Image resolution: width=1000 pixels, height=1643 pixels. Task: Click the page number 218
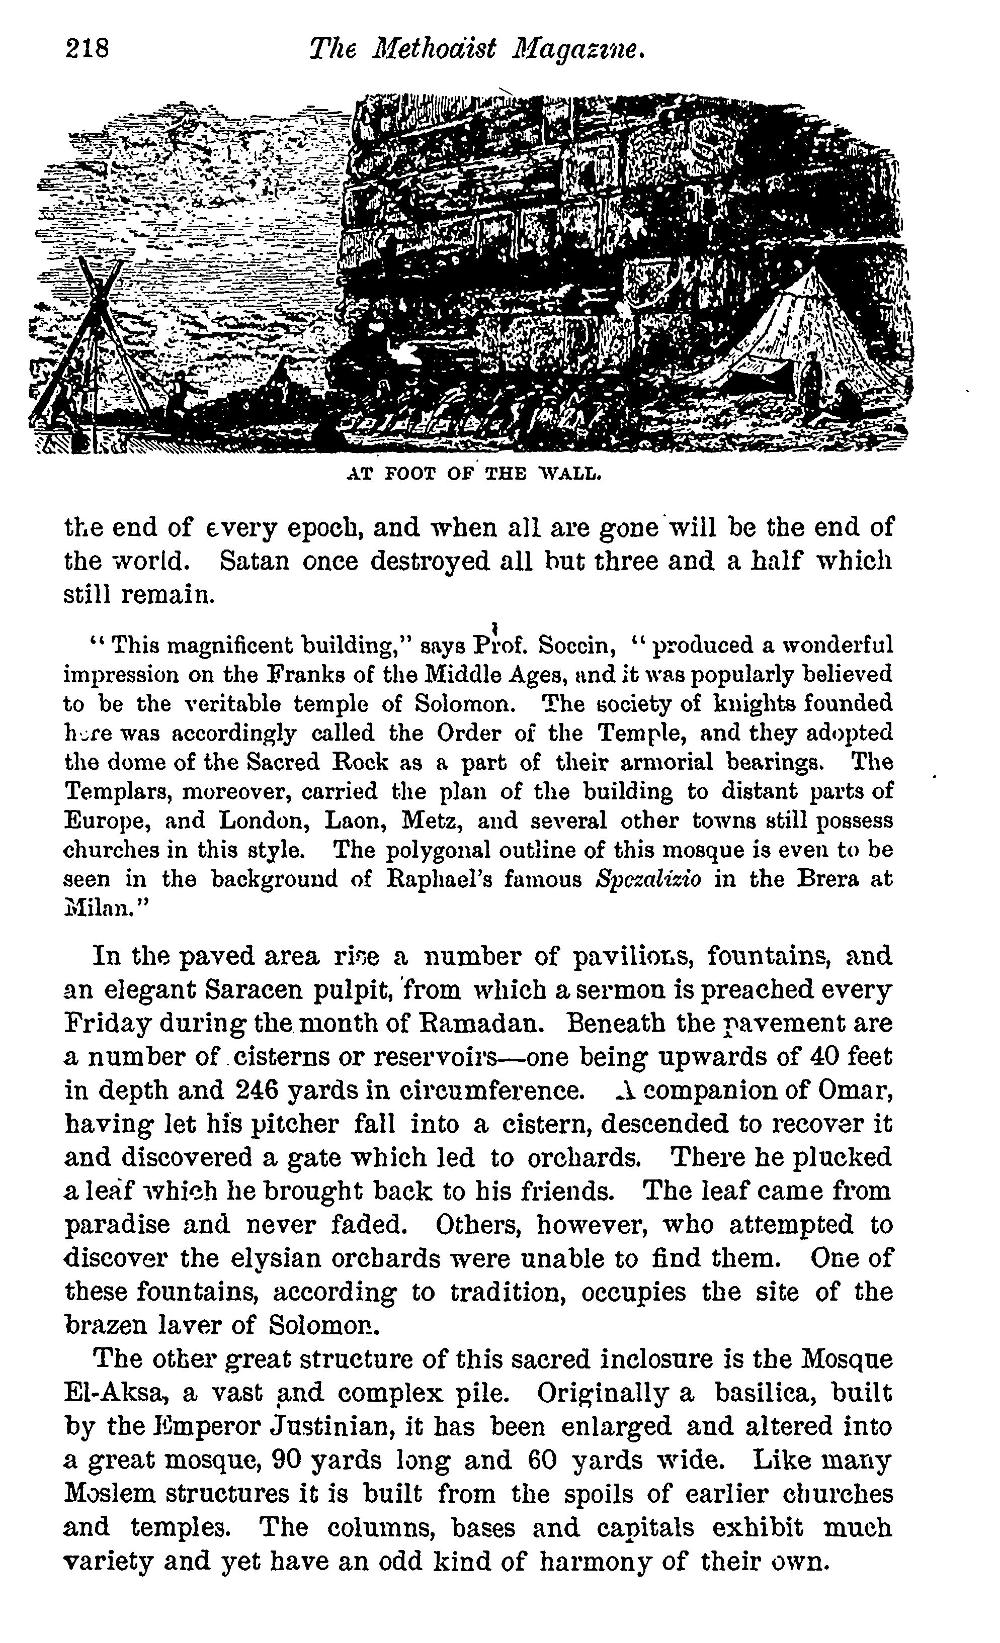pos(87,49)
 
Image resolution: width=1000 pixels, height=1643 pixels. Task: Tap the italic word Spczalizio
pos(648,879)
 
